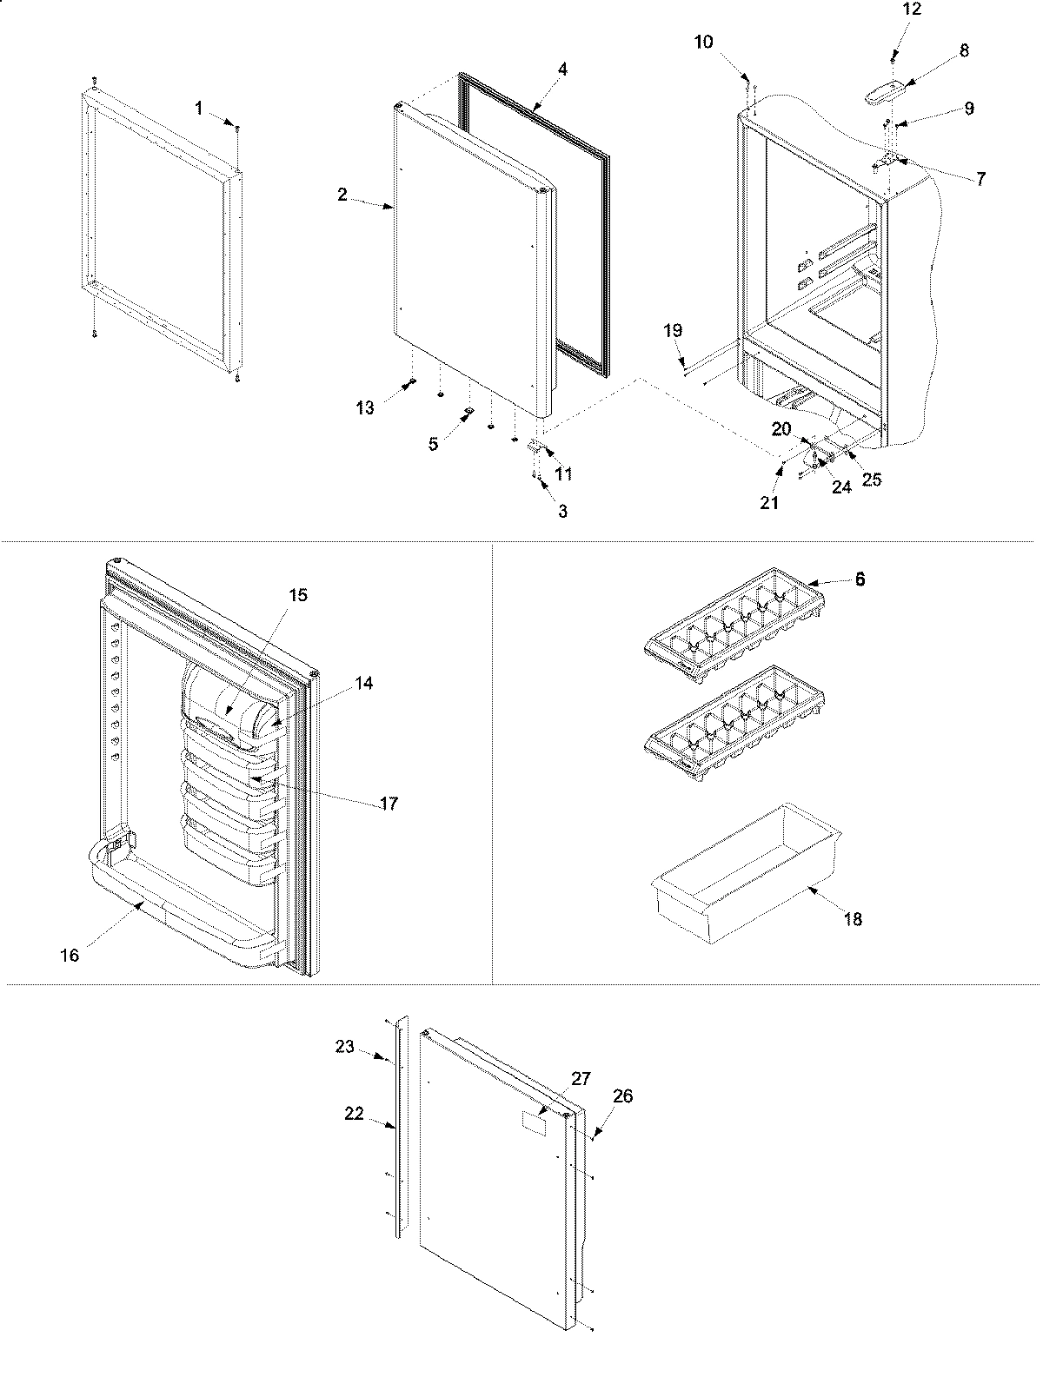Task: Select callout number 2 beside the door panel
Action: [343, 195]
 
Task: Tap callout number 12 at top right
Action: [912, 10]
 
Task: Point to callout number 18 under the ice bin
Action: [854, 919]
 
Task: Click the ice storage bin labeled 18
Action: [747, 877]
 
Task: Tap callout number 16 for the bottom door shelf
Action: [70, 956]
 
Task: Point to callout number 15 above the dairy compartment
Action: [298, 596]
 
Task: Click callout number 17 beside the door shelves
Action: [389, 804]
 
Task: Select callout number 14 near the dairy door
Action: [363, 684]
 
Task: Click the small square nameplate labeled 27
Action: [534, 1122]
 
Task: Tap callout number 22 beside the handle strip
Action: [354, 1115]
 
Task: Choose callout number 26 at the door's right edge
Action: [622, 1096]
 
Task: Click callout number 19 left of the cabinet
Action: [674, 330]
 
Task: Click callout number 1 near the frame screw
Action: [199, 108]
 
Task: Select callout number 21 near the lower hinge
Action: [769, 503]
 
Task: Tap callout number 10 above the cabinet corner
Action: [703, 42]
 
